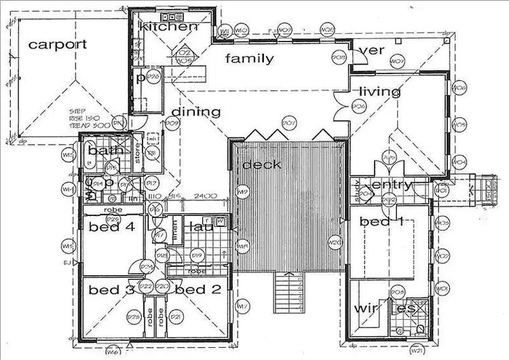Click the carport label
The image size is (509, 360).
pos(58,44)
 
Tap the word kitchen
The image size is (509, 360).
pos(168,26)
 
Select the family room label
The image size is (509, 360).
pos(250,58)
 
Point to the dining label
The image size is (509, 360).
pos(196,112)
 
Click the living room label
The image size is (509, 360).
pos(380,92)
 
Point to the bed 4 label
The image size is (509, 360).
pos(112,228)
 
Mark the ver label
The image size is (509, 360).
pos(372,51)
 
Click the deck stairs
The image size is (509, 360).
pos(288,291)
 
